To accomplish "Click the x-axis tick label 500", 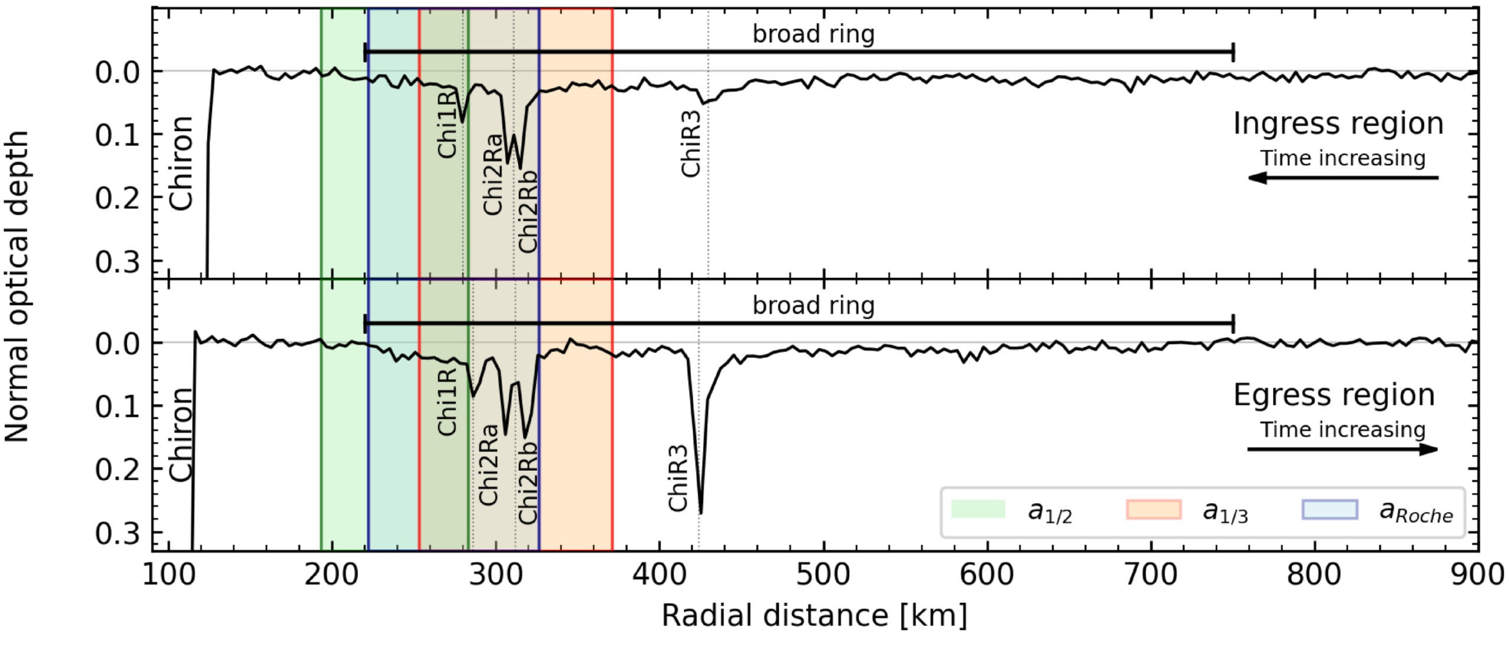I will pyautogui.click(x=823, y=574).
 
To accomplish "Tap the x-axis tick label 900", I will pyautogui.click(x=1477, y=574).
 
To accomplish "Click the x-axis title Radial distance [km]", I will pyautogui.click(x=814, y=615).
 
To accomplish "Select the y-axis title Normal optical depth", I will pyautogui.click(x=18, y=286).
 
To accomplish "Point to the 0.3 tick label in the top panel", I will pyautogui.click(x=117, y=261).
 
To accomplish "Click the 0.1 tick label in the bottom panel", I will pyautogui.click(x=117, y=406).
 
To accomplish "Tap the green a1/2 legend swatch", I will pyautogui.click(x=978, y=509).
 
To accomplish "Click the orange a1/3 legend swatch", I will pyautogui.click(x=1154, y=509).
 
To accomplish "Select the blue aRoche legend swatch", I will pyautogui.click(x=1330, y=509).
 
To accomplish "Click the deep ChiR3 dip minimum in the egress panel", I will pyautogui.click(x=700, y=512).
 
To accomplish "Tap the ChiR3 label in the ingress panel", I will pyautogui.click(x=691, y=143).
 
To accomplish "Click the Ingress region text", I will pyautogui.click(x=1338, y=124).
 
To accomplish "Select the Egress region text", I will pyautogui.click(x=1334, y=395).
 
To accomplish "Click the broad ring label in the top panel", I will pyautogui.click(x=813, y=34).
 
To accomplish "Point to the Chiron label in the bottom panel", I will pyautogui.click(x=182, y=434).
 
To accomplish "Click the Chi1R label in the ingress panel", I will pyautogui.click(x=447, y=123).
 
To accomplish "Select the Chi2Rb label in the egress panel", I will pyautogui.click(x=528, y=483).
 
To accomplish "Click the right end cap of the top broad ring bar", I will pyautogui.click(x=1233, y=52).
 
